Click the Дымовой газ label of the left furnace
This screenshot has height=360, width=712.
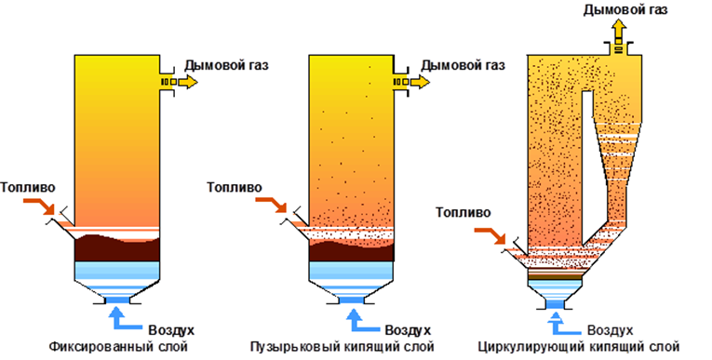229,65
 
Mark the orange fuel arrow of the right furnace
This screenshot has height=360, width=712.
491,238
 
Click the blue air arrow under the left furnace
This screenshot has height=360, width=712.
120,317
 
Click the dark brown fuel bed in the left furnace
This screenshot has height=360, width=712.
116,248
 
